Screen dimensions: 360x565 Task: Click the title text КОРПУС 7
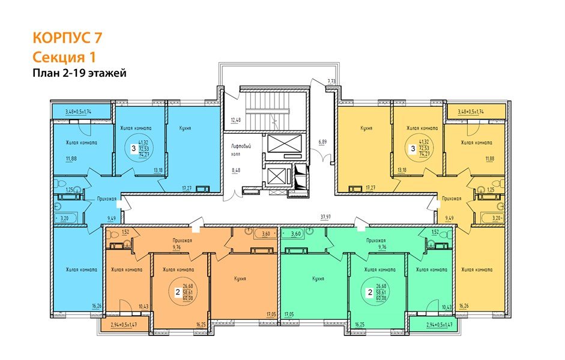[x=67, y=38]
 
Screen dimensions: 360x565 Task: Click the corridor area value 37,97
[x=326, y=218]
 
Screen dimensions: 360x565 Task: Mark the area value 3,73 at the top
[x=331, y=81]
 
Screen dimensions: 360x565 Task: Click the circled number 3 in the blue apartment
[x=133, y=148]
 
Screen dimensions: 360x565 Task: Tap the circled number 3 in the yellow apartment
[x=412, y=148]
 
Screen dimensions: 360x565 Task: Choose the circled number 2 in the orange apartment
[x=177, y=292]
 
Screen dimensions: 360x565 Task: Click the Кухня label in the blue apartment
[x=186, y=128]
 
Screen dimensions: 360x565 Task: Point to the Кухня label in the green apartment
[x=318, y=279]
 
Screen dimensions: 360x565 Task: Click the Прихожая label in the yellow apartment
[x=451, y=198]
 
